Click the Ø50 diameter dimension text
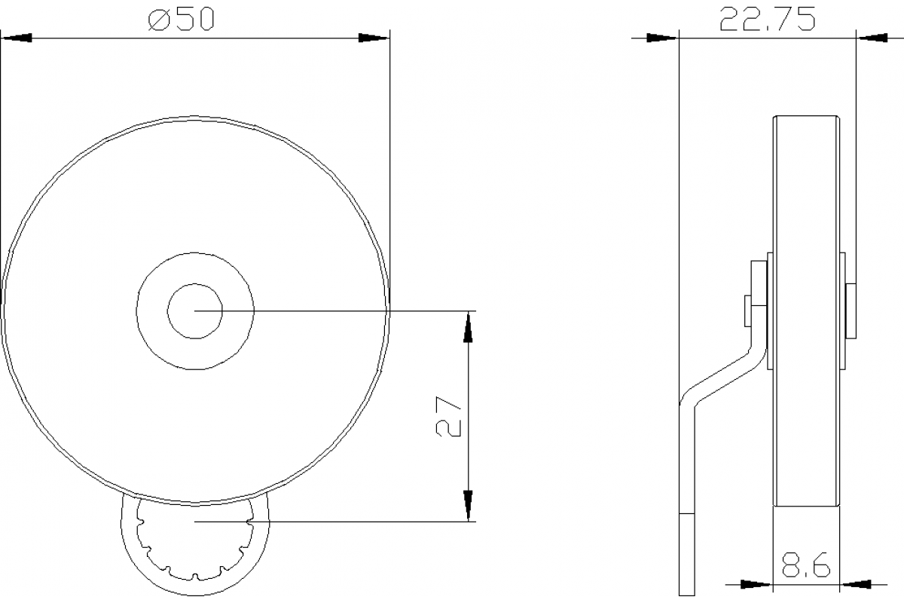(182, 18)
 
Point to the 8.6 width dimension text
(805, 565)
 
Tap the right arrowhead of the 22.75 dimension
(872, 37)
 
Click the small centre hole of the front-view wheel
(195, 311)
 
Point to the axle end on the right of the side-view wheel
(849, 310)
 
